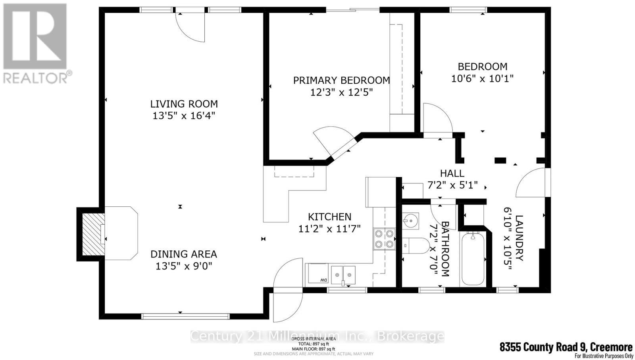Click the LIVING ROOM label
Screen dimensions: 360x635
click(184, 104)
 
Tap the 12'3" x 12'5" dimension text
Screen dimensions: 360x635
click(342, 92)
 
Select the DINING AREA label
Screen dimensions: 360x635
click(183, 254)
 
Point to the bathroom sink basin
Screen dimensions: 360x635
click(411, 219)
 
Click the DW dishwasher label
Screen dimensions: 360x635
click(323, 280)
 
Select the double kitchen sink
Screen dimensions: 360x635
click(344, 274)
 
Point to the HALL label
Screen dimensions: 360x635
click(452, 173)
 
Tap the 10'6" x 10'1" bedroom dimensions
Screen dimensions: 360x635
click(482, 79)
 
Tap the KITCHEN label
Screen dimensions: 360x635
click(329, 217)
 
